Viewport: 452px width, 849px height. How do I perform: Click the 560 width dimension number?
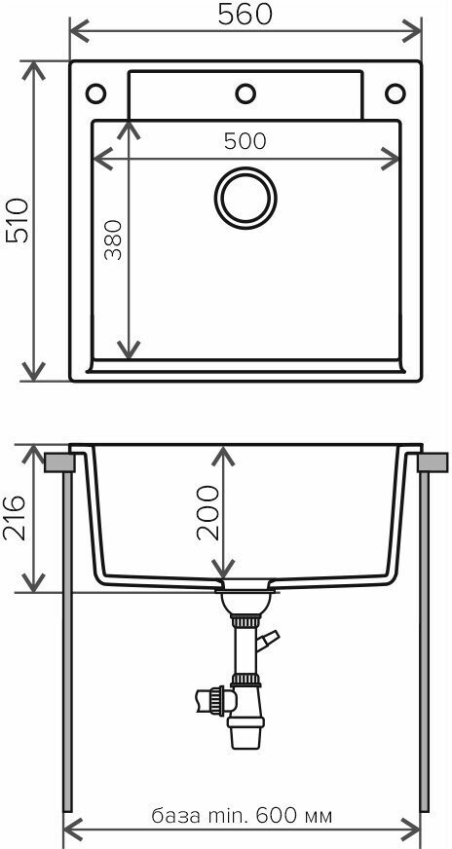pyautogui.click(x=245, y=16)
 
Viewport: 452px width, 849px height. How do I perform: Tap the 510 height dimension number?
pyautogui.click(x=17, y=220)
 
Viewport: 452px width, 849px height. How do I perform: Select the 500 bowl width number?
pyautogui.click(x=245, y=141)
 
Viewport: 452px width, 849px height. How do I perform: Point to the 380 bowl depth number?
pyautogui.click(x=113, y=240)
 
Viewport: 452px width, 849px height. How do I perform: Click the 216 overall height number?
pyautogui.click(x=15, y=517)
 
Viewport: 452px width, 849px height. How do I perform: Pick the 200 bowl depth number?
pyautogui.click(x=208, y=513)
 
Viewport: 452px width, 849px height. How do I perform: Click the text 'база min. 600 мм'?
pyautogui.click(x=242, y=815)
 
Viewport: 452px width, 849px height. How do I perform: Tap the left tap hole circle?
pyautogui.click(x=95, y=93)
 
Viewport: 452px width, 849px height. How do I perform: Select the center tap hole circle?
pyautogui.click(x=245, y=93)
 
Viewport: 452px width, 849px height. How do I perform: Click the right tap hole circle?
pyautogui.click(x=395, y=93)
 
